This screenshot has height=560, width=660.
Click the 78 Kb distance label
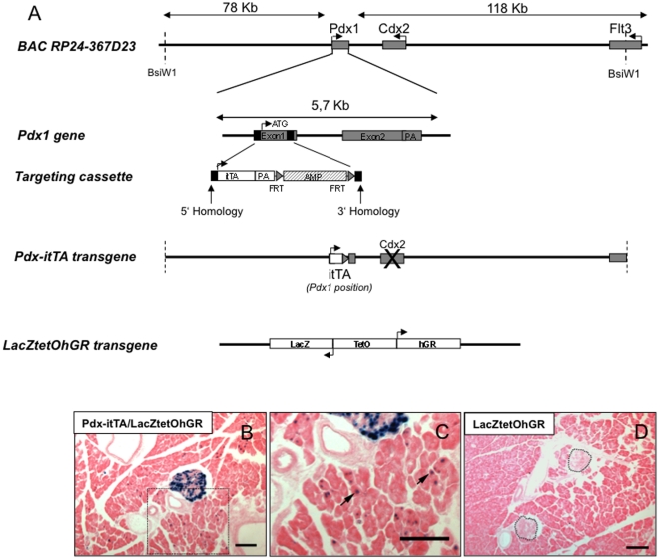239,8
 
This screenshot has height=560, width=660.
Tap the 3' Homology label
369,211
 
